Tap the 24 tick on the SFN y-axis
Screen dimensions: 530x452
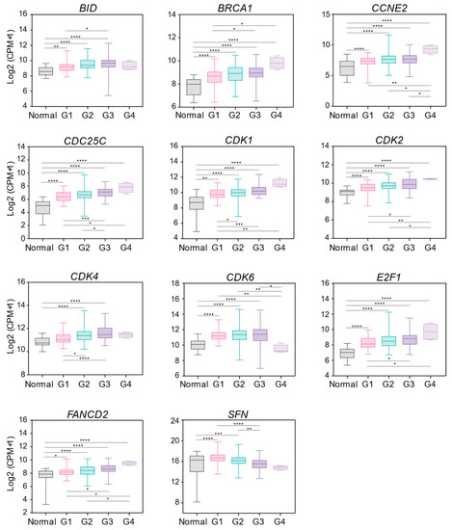[x=173, y=422]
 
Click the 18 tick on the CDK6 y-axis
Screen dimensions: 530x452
[x=173, y=287]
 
